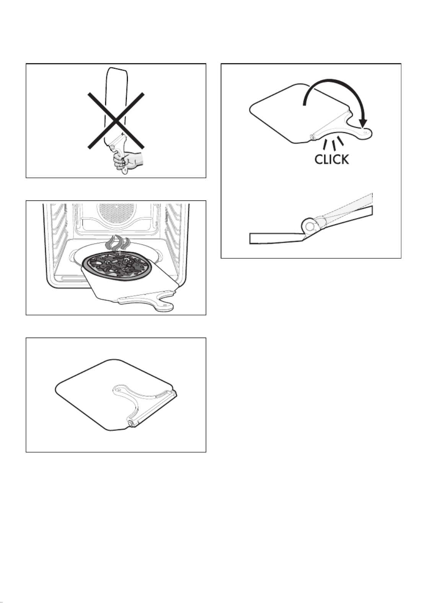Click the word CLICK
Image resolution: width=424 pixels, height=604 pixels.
tap(331, 159)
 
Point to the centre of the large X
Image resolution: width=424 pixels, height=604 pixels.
tap(116, 120)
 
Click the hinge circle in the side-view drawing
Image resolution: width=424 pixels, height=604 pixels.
tap(310, 226)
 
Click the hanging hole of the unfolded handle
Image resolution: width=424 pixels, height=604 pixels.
tap(365, 132)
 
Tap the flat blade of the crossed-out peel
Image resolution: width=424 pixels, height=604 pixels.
tap(114, 105)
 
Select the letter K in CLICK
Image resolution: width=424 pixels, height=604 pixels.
tap(344, 159)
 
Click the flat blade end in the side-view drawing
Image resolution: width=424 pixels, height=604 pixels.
tap(275, 238)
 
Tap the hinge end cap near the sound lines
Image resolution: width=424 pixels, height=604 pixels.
tap(312, 137)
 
